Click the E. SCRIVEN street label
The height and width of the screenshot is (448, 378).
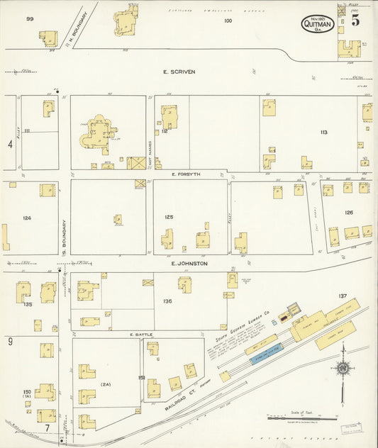(x=179, y=72)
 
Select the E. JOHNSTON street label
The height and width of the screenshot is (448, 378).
(x=189, y=263)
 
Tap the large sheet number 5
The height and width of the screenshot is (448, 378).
(x=355, y=21)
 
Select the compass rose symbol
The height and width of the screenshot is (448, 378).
(x=343, y=369)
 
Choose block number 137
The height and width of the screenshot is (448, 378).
(x=343, y=296)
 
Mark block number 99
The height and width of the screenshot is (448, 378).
(x=30, y=19)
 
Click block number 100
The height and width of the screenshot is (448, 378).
(x=228, y=21)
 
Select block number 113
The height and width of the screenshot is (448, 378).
(x=323, y=132)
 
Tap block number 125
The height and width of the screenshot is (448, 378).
(x=169, y=216)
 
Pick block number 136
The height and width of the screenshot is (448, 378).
(x=167, y=301)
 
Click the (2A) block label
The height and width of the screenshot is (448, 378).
(x=106, y=384)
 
